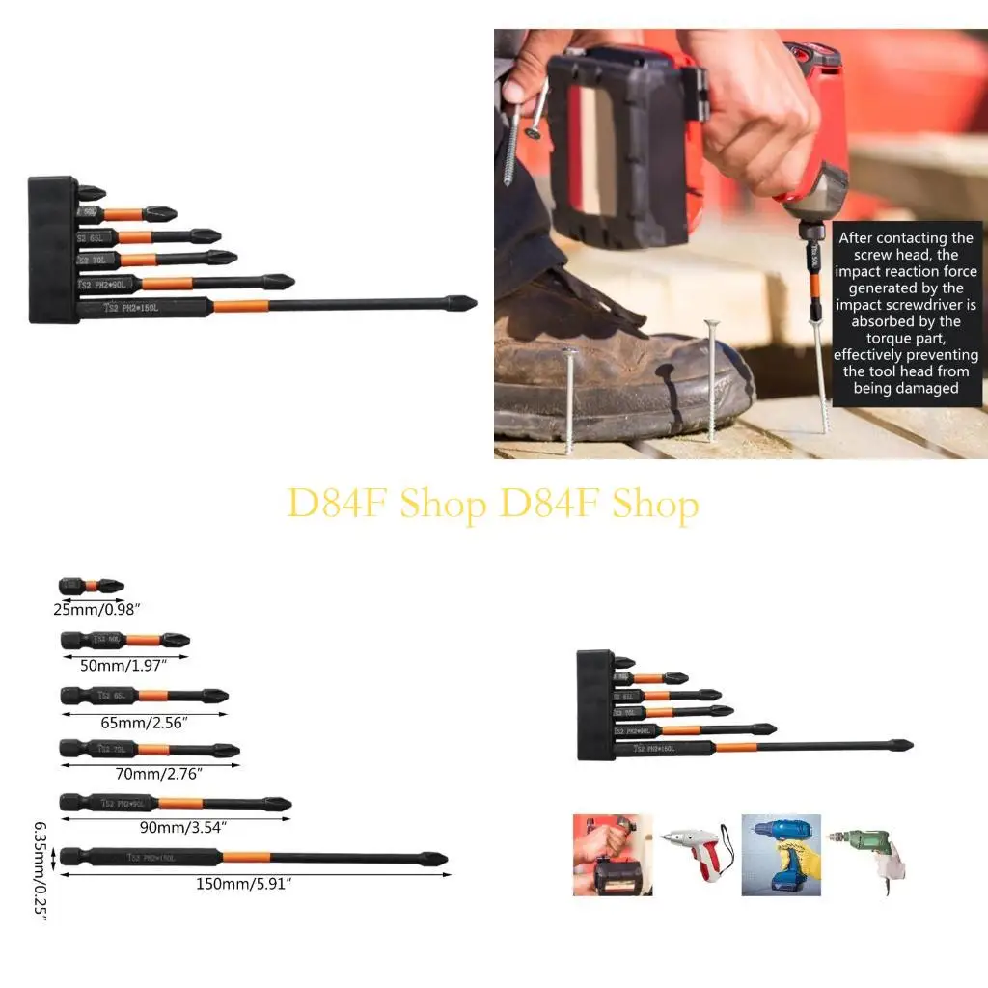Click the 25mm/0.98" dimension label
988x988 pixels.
pos(97,610)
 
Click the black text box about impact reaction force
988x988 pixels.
pos(906,314)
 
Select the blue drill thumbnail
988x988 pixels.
pos(781,854)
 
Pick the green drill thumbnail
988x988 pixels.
pos(865,854)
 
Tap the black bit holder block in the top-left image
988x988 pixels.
pos(53,249)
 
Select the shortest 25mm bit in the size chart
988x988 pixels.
pos(92,586)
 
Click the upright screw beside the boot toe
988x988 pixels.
pos(712,381)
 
